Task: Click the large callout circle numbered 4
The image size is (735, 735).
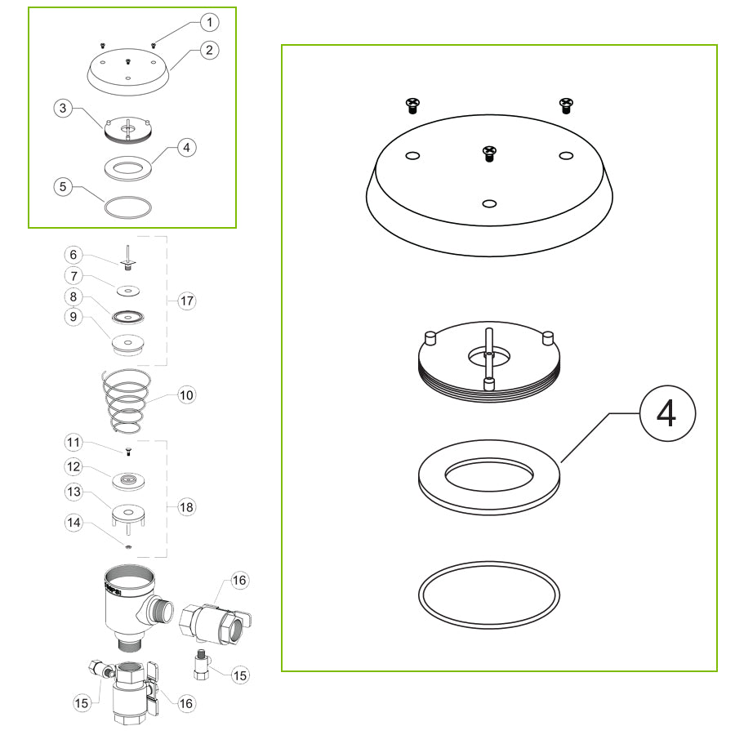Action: (666, 414)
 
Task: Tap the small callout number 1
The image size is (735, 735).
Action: (210, 22)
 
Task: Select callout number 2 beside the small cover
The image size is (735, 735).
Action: (210, 51)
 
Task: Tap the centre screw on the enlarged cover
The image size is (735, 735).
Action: (488, 152)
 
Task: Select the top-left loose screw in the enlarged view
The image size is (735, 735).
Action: (412, 104)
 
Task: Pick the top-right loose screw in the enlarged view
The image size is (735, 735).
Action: (565, 103)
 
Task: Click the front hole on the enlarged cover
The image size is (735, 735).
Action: (488, 203)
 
